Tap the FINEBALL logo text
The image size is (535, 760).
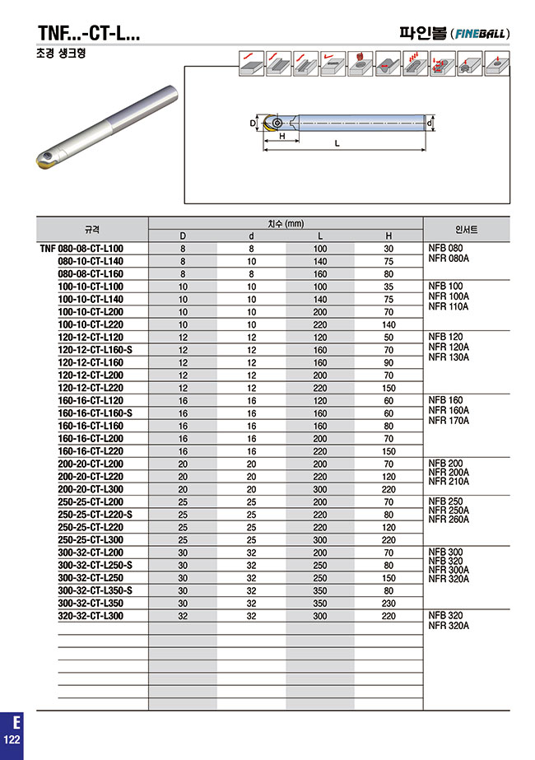481,34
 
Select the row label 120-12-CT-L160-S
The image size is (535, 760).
95,350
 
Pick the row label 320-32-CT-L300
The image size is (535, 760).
91,616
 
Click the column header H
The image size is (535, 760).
388,236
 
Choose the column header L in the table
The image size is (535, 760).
320,236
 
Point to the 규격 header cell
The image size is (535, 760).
92,229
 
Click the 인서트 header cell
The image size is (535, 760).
466,229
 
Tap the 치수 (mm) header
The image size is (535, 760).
286,223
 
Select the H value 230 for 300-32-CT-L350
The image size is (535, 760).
388,603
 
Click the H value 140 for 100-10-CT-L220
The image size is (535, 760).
388,324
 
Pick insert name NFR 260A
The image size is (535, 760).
449,520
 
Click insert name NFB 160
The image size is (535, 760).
446,400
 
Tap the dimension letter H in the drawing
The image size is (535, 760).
281,136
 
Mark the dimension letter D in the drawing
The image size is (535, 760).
252,123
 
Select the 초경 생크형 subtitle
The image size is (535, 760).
61,53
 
